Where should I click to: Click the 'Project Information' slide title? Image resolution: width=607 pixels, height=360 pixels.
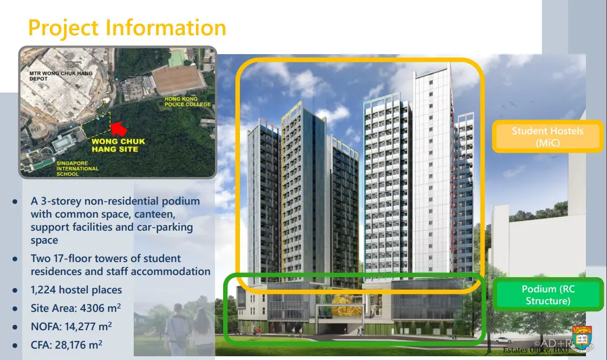pyautogui.click(x=127, y=28)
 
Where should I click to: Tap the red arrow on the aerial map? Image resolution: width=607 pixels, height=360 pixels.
pyautogui.click(x=119, y=128)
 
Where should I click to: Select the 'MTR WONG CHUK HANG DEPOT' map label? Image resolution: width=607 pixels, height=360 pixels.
pyautogui.click(x=61, y=76)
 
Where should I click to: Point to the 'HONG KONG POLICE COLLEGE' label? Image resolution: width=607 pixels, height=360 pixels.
pyautogui.click(x=188, y=101)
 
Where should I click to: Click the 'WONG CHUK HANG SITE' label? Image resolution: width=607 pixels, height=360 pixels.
pyautogui.click(x=118, y=145)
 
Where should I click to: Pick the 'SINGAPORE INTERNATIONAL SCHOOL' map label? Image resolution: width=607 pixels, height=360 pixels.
pyautogui.click(x=77, y=169)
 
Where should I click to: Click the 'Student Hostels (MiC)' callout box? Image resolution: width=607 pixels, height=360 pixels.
pyautogui.click(x=547, y=136)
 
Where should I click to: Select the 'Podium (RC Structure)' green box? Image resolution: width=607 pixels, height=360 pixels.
pyautogui.click(x=548, y=294)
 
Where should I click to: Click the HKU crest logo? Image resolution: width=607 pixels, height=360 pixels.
pyautogui.click(x=582, y=338)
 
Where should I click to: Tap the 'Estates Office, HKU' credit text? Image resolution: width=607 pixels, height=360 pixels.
pyautogui.click(x=536, y=350)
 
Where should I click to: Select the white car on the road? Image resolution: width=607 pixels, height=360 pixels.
pyautogui.click(x=503, y=341)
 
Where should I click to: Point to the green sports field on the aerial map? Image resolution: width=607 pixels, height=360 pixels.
pyautogui.click(x=177, y=58)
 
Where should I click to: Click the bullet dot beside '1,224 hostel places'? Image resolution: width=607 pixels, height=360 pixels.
pyautogui.click(x=15, y=290)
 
